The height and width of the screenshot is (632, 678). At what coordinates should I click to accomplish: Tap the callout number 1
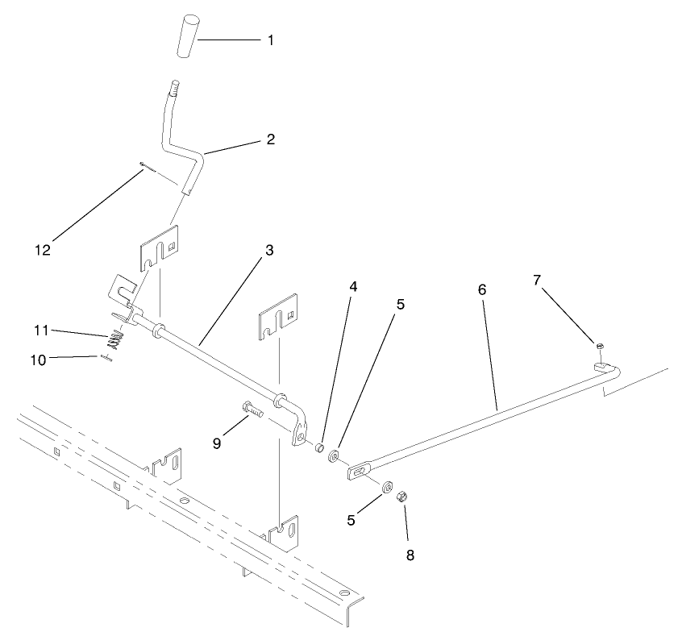(270, 39)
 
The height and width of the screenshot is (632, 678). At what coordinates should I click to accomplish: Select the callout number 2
(270, 139)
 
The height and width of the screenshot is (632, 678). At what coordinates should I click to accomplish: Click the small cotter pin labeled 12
(144, 166)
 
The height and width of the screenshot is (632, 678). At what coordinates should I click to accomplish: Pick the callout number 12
(43, 250)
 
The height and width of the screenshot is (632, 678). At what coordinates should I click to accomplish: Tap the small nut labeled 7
(601, 346)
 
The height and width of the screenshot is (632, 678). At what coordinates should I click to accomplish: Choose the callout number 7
(537, 280)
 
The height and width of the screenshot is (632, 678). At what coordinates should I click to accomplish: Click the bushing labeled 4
(319, 447)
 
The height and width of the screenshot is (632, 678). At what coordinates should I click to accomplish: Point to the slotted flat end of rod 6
(358, 471)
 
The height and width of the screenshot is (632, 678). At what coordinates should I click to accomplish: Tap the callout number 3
(269, 250)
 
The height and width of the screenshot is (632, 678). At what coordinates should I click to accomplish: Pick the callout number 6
(482, 288)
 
